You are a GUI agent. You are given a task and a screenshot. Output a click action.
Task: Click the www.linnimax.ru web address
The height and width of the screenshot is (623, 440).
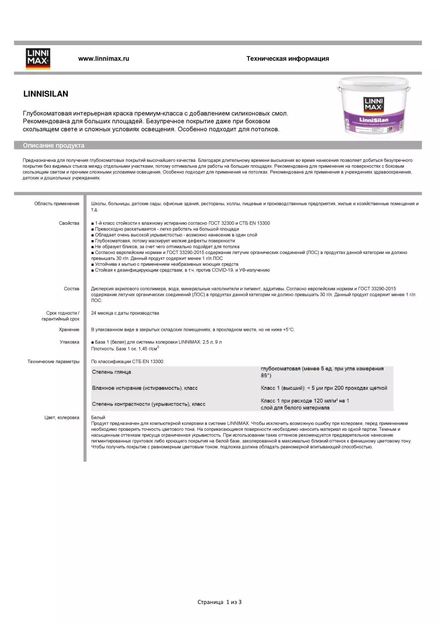[x=103, y=59]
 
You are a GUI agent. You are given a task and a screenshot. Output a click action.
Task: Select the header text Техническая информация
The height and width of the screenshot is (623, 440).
[x=287, y=59]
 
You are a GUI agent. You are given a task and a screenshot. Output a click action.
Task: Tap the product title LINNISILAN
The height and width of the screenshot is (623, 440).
[x=45, y=94]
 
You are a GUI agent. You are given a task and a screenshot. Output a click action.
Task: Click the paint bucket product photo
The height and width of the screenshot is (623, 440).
[x=373, y=107]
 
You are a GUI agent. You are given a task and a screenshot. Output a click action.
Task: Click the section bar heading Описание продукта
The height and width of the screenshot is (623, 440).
[x=54, y=145]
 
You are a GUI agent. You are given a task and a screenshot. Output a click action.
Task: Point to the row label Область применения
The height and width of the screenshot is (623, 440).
[x=57, y=204]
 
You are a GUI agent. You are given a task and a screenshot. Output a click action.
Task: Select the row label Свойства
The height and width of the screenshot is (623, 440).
[x=69, y=223]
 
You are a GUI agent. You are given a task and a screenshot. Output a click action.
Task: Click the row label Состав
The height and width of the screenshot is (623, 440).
[x=72, y=289]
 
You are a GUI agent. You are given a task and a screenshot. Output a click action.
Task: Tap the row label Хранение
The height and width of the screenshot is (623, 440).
[x=69, y=330]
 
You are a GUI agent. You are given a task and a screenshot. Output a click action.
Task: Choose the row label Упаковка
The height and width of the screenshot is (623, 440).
[x=69, y=342]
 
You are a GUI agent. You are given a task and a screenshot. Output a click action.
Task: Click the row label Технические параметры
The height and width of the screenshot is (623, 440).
[x=54, y=362]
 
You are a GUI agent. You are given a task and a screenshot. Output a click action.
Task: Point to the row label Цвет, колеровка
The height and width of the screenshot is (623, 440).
[x=62, y=417]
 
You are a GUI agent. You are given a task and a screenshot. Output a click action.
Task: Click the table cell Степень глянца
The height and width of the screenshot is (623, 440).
[x=111, y=372]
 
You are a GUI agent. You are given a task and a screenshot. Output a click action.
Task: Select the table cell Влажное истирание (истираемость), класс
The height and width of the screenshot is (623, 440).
[x=145, y=388]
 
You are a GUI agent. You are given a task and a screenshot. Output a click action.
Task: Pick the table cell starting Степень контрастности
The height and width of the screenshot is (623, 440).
[x=149, y=404]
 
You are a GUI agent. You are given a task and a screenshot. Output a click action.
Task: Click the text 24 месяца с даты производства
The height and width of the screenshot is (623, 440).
[x=125, y=313]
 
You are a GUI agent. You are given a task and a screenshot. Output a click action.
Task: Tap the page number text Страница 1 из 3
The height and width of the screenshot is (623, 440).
[x=219, y=602]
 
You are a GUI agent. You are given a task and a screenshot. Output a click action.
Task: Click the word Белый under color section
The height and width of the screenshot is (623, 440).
[x=98, y=417]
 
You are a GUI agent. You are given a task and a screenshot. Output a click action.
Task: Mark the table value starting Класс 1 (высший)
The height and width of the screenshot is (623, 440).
[x=324, y=388]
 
